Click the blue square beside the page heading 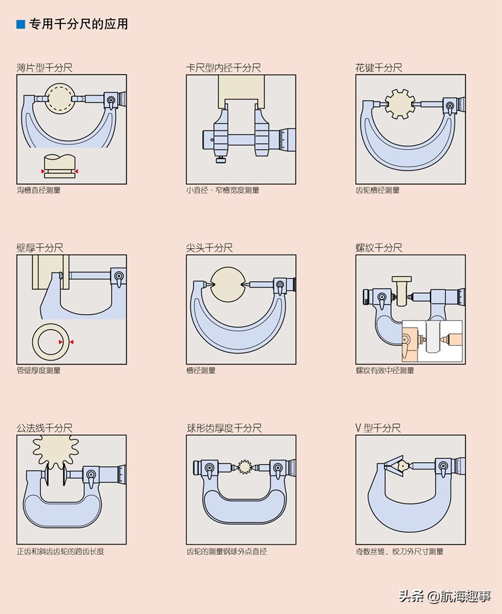click(21, 25)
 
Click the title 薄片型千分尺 click(45, 68)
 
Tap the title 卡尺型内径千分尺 click(224, 68)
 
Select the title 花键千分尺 click(379, 68)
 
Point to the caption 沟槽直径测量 click(39, 191)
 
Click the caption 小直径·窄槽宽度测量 click(223, 191)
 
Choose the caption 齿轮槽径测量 click(378, 191)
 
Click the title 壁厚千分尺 click(40, 247)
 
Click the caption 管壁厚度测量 click(39, 371)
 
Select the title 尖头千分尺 click(210, 247)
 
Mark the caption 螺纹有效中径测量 click(385, 371)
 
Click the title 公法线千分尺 click(45, 428)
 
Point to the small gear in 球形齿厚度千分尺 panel click(243, 466)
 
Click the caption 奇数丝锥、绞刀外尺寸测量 click(400, 552)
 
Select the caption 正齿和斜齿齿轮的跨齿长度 click(61, 552)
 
